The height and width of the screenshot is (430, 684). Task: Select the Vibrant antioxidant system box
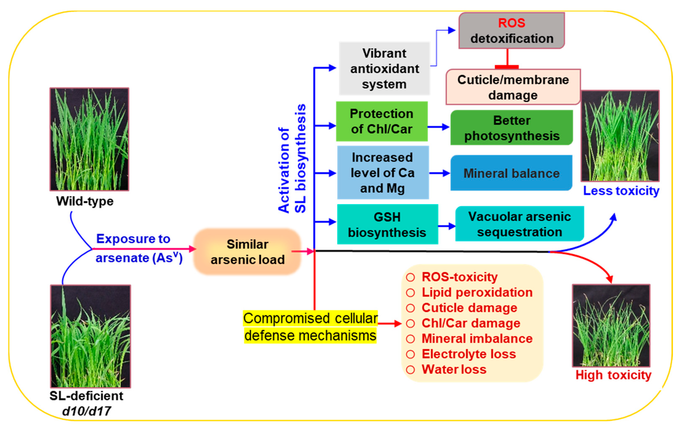[384, 68]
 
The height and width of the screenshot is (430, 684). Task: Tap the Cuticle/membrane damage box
[513, 87]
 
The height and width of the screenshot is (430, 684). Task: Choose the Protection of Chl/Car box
[381, 121]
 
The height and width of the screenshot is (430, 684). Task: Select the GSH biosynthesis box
[387, 225]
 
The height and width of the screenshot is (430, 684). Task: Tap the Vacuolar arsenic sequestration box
[519, 224]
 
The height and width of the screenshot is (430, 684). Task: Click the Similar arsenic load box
[247, 252]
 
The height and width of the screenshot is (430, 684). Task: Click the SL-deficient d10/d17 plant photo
[91, 336]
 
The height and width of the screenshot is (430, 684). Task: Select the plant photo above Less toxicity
[620, 136]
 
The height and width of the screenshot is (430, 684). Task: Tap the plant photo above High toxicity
[611, 326]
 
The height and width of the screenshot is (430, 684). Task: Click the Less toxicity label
[621, 191]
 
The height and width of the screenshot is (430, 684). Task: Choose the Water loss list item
[454, 369]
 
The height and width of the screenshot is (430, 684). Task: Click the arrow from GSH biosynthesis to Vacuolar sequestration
[447, 226]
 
